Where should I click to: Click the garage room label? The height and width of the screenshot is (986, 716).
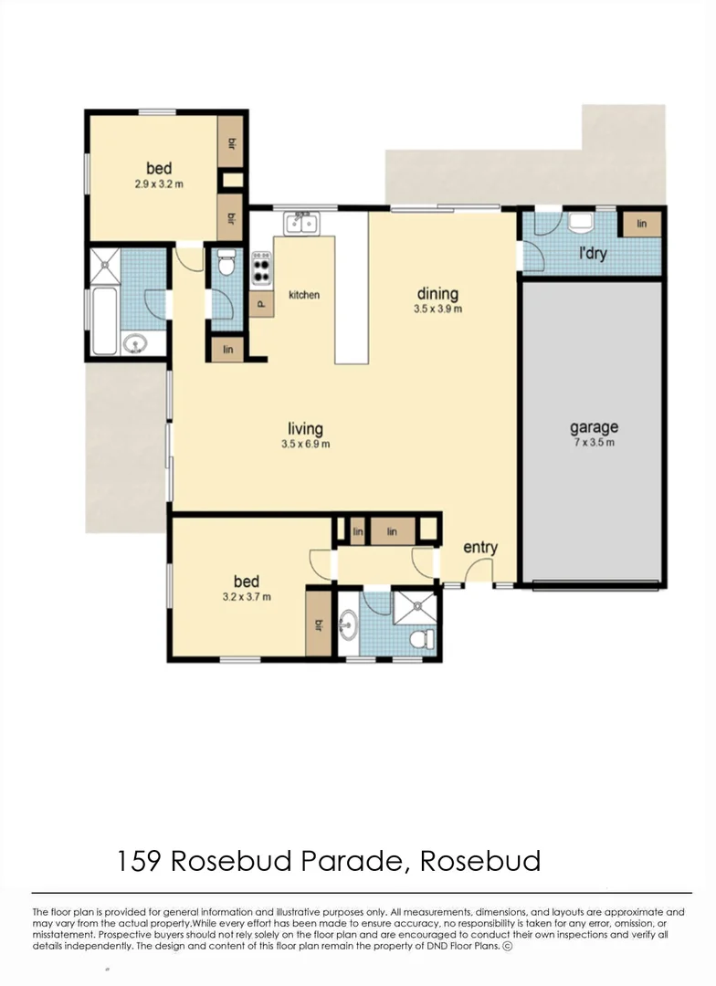click(x=594, y=427)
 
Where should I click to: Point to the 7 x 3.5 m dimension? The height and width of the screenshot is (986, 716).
click(x=594, y=444)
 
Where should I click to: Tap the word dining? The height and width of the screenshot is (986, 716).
click(x=437, y=294)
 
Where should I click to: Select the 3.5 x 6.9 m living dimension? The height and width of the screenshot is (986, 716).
click(x=305, y=445)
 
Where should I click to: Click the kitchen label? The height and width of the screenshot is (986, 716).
click(x=304, y=295)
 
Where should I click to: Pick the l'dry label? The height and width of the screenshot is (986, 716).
click(x=593, y=254)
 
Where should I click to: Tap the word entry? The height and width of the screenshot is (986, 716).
click(x=480, y=548)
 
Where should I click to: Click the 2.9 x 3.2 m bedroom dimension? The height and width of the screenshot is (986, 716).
click(x=159, y=184)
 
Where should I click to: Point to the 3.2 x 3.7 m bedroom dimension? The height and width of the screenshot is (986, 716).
click(x=246, y=597)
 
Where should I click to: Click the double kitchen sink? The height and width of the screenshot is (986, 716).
click(x=300, y=223)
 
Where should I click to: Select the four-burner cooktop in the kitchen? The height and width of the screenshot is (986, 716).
click(x=261, y=267)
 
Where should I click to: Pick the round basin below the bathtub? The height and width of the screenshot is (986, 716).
click(x=135, y=344)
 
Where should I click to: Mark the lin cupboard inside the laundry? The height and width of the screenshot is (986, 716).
click(x=641, y=224)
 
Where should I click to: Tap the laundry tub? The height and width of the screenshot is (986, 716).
click(x=581, y=223)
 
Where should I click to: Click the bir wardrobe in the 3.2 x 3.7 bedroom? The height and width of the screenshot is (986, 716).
click(x=319, y=624)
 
